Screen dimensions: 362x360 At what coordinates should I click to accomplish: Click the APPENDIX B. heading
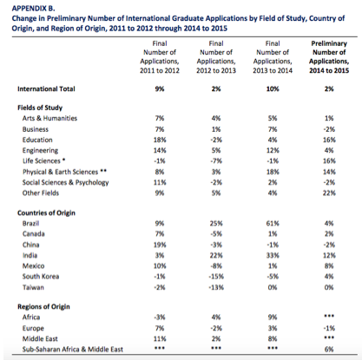pos(33,8)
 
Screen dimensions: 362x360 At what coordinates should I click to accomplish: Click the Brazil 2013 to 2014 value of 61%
pos(273,223)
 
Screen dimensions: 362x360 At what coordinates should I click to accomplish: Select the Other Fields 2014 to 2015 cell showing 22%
pos(329,193)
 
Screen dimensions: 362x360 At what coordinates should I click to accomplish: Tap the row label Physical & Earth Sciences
pos(60,172)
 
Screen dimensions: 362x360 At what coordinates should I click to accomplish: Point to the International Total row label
pos(46,88)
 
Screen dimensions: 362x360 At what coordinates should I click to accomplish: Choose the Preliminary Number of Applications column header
pos(329,57)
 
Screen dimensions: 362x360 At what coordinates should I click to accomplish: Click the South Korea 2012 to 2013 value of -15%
pos(216,277)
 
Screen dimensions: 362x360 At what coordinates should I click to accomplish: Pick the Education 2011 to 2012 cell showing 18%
pos(160,140)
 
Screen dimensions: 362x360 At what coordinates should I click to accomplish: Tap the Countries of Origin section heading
pos(46,213)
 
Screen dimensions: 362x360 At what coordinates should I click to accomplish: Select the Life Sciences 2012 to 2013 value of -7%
pos(216,160)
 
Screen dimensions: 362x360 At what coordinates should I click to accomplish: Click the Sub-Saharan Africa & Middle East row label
pos(73,350)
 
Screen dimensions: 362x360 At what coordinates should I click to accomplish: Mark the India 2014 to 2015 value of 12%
pos(329,255)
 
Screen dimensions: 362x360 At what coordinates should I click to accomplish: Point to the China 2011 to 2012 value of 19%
pos(160,245)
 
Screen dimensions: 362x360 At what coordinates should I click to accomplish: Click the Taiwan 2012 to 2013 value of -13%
pos(216,287)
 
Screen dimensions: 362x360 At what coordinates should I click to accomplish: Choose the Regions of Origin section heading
pos(43,306)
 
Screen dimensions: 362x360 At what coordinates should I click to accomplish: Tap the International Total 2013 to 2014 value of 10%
pos(273,88)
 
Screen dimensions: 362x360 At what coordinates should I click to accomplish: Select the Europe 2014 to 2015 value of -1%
pos(329,328)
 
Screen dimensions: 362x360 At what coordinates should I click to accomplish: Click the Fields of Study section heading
pos(40,108)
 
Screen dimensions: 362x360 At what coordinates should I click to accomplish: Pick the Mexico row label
pos(34,265)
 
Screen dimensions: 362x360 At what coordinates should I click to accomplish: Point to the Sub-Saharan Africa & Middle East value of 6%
pos(329,350)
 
